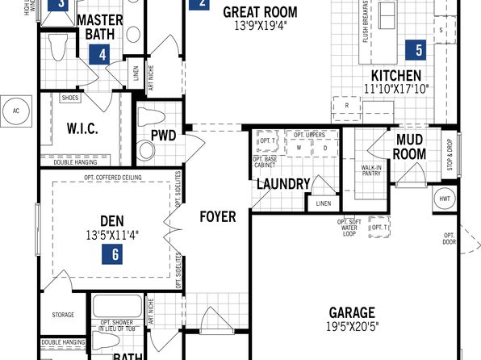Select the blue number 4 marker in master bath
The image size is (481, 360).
coord(101,55)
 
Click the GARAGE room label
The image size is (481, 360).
coord(352,312)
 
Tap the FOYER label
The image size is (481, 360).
coord(218,217)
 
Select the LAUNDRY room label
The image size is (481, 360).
coord(282,184)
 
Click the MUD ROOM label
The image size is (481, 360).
coord(410,146)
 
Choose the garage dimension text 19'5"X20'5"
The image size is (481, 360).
coord(353,327)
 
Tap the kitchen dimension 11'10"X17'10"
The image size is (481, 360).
coord(396,89)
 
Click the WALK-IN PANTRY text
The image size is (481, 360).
coord(371,170)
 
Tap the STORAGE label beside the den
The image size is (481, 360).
coord(63,315)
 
